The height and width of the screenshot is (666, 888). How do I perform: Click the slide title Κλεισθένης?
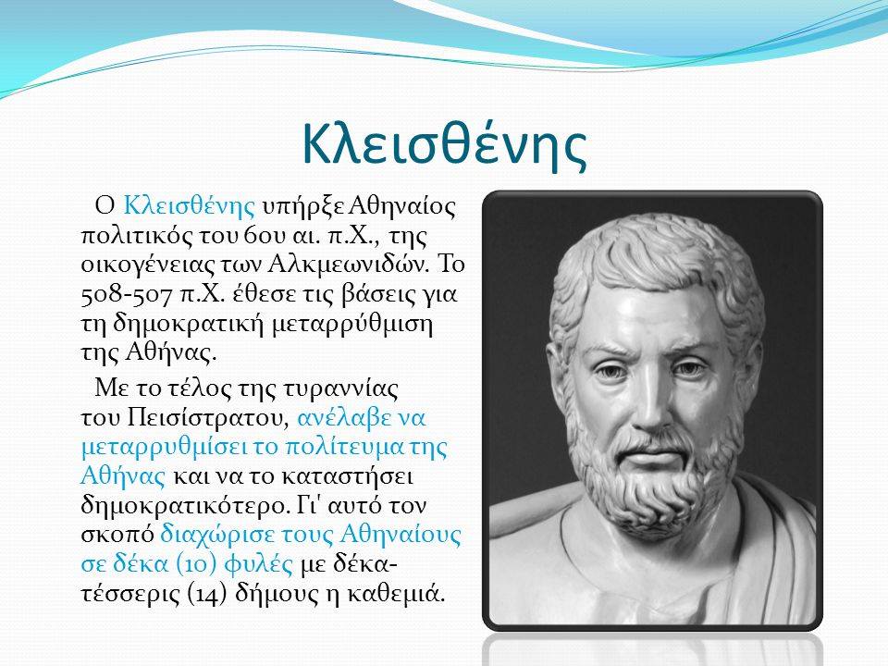445,144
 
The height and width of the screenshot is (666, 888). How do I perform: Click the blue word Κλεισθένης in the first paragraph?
189,205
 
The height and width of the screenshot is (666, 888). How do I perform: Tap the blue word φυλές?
259,564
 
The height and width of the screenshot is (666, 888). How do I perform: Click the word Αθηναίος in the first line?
401,205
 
